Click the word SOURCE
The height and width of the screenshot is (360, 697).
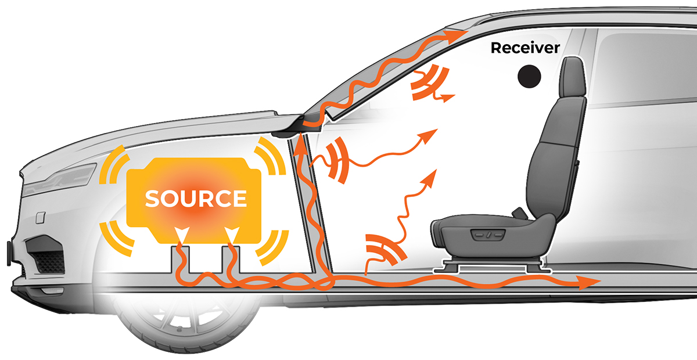point(196,199)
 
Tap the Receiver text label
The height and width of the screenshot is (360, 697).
point(525,48)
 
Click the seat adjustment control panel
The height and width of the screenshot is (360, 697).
point(487,235)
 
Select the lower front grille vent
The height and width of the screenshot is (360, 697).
point(46,255)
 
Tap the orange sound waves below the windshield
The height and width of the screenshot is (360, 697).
point(337,160)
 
